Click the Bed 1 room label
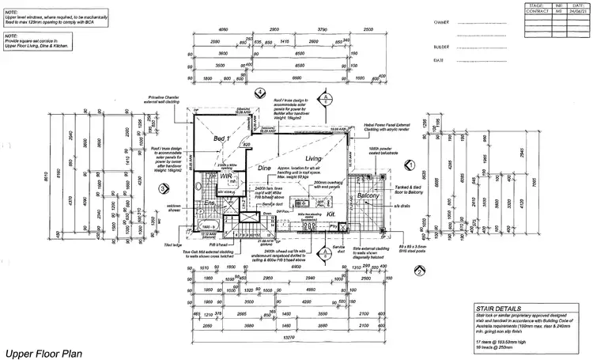click(222, 138)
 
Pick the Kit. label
click(330, 214)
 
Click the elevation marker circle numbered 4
click(261, 92)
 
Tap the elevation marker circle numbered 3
click(162, 188)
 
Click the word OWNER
click(441, 24)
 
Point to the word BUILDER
click(442, 47)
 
